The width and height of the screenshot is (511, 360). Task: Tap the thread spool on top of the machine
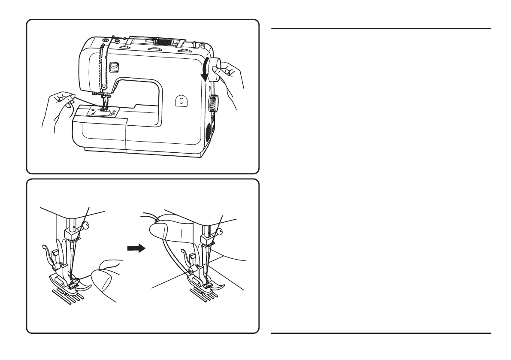pyautogui.click(x=162, y=42)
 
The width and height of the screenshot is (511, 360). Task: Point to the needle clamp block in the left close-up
pyautogui.click(x=70, y=235)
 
